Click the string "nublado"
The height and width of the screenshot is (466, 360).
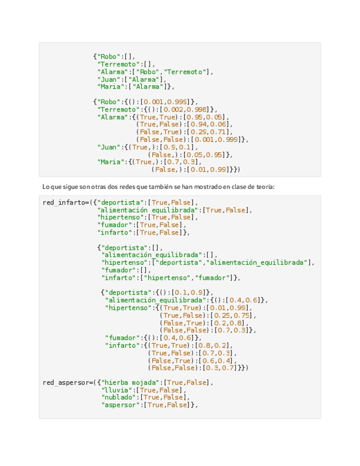[x=120, y=397]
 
